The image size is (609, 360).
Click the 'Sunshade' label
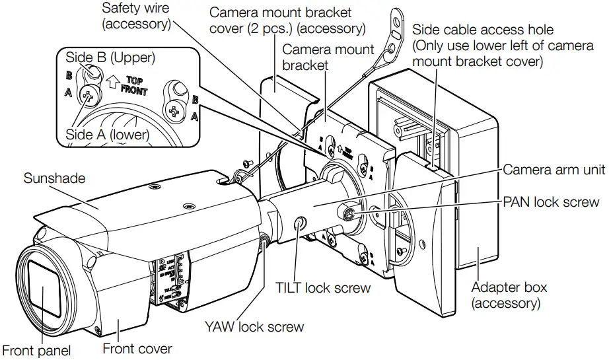54,178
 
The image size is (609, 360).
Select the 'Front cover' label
137,348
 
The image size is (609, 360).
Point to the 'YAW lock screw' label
254,326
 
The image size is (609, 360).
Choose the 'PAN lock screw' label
552,201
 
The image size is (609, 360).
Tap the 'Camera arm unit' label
554,170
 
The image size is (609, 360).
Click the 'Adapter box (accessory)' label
509,295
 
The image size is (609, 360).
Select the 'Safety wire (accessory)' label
136,17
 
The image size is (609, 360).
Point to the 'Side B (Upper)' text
110,57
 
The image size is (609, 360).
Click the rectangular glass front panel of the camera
44,291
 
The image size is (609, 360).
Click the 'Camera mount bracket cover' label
287,20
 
